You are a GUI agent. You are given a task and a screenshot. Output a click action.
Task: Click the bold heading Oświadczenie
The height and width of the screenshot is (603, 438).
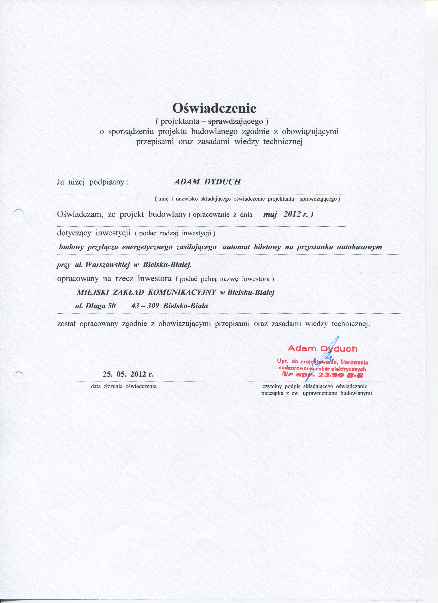click(x=215, y=108)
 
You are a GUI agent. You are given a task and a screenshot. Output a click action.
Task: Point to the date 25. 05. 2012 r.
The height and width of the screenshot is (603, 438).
click(x=128, y=374)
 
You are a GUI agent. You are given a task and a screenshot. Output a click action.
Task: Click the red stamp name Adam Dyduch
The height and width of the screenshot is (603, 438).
click(x=322, y=348)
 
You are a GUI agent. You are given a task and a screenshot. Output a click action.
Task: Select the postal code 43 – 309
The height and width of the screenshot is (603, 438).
click(x=145, y=306)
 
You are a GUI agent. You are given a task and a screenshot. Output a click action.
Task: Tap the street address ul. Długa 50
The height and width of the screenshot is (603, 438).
click(x=95, y=306)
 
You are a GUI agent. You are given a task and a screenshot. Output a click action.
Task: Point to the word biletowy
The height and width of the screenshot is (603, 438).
click(x=267, y=247)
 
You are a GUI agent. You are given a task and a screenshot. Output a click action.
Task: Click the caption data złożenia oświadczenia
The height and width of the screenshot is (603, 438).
click(x=124, y=386)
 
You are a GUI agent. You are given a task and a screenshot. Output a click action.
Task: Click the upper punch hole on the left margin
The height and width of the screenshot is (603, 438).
click(x=19, y=213)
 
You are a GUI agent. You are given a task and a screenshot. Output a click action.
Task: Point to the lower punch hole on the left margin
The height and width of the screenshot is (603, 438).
click(x=19, y=375)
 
